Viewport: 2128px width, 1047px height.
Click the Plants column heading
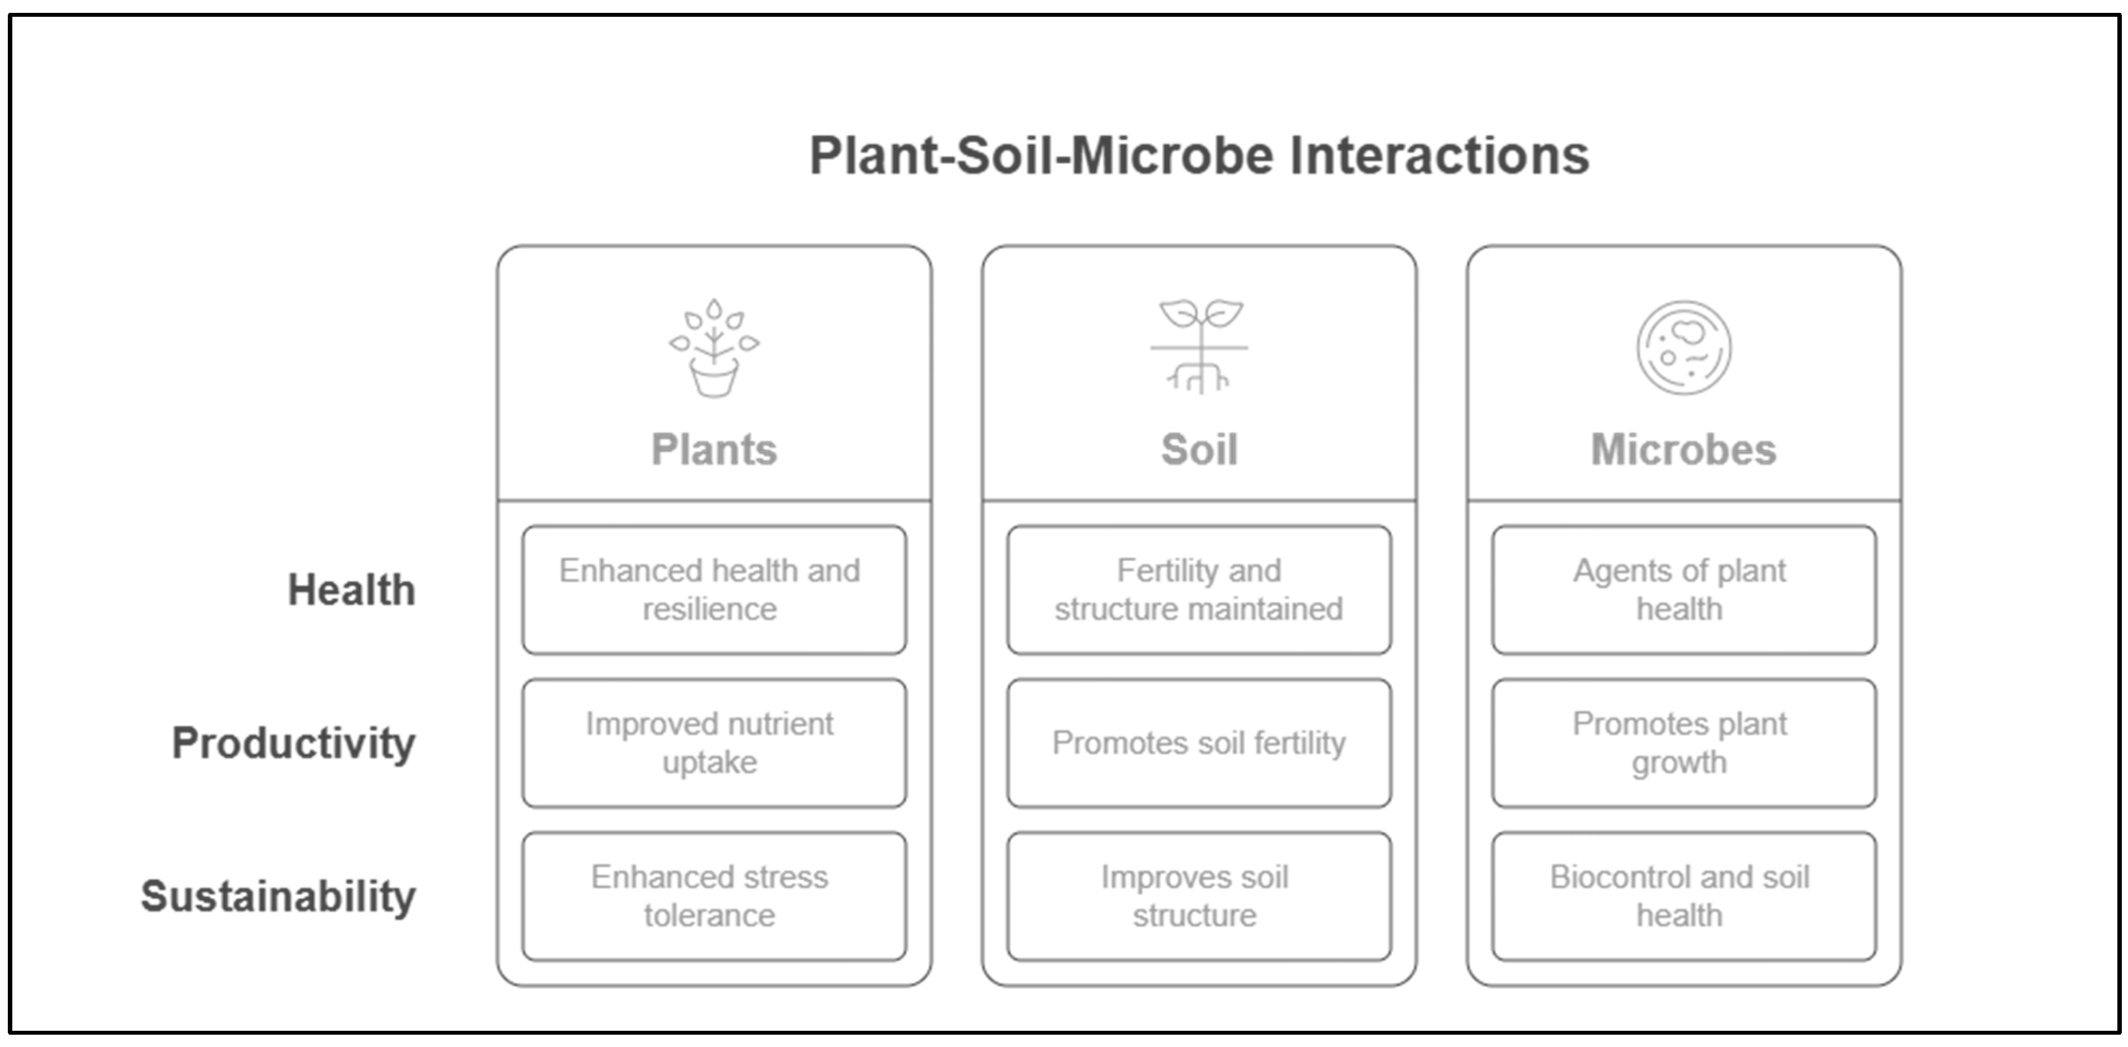coord(714,449)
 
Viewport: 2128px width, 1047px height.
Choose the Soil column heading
coord(1199,449)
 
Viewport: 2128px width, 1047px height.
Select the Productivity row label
coord(293,743)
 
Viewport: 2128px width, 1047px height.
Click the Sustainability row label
coord(278,896)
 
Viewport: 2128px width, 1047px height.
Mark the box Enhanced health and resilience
coord(714,590)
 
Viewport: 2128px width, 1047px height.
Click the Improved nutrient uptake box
coord(714,743)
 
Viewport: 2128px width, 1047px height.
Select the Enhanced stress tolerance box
coord(714,896)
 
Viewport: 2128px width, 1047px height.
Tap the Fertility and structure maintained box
coord(1199,590)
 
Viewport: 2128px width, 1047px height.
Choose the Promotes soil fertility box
coord(1199,743)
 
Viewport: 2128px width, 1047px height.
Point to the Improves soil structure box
coord(1199,896)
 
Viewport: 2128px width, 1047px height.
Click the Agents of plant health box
coord(1683,590)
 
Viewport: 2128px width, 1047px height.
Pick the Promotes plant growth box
coord(1683,743)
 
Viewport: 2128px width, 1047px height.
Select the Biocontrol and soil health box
coord(1683,896)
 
